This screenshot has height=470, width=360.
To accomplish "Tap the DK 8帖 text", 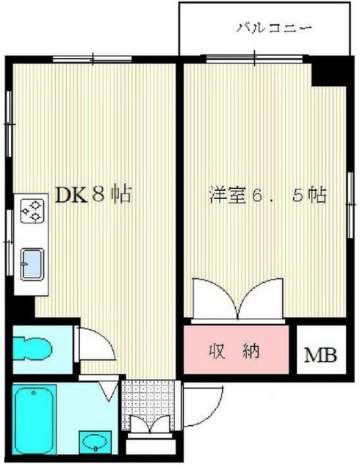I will coord(93,195).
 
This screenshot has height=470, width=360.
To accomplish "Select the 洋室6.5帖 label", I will coord(267,195).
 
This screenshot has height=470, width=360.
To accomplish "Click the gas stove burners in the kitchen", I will coord(32,211).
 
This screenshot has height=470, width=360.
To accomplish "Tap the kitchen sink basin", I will coord(32,263).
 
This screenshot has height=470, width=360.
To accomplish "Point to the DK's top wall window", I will coord(93,59).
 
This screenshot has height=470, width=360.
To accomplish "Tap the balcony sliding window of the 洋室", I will coord(253,59).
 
